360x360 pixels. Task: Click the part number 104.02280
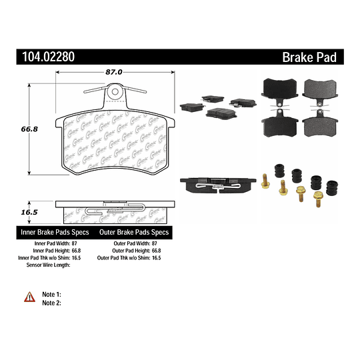point(45,57)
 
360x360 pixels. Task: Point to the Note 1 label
point(51,294)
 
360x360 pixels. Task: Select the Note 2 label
point(51,303)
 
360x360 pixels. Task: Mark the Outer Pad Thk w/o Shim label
point(125,257)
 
